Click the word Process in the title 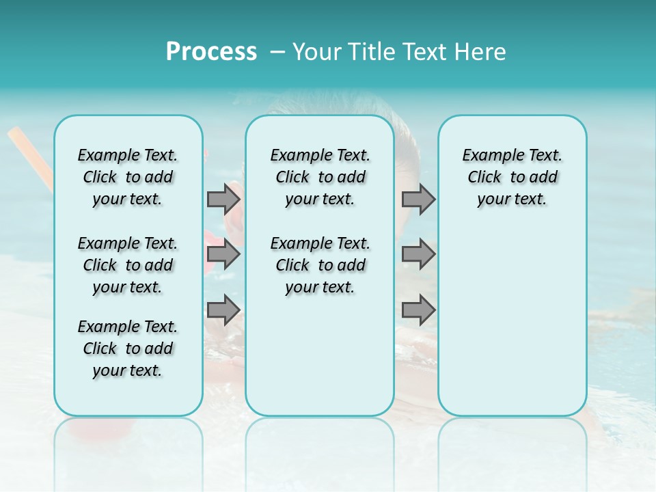pyautogui.click(x=211, y=51)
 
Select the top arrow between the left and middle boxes pyautogui.click(x=223, y=199)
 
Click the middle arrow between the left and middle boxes pyautogui.click(x=223, y=254)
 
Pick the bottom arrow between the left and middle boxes pyautogui.click(x=223, y=310)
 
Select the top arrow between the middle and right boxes pyautogui.click(x=418, y=199)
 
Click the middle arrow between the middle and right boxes pyautogui.click(x=418, y=254)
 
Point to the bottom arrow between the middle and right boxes pyautogui.click(x=418, y=310)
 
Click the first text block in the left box pyautogui.click(x=128, y=177)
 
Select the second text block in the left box pyautogui.click(x=128, y=265)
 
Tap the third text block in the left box pyautogui.click(x=128, y=348)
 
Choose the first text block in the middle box pyautogui.click(x=320, y=177)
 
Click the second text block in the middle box pyautogui.click(x=320, y=265)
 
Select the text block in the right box pyautogui.click(x=512, y=177)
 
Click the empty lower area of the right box pyautogui.click(x=512, y=328)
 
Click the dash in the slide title pyautogui.click(x=277, y=52)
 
